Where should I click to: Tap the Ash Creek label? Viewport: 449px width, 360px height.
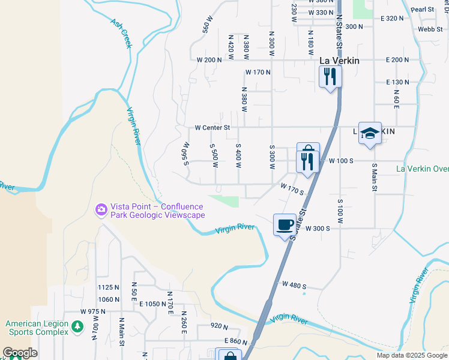point(121,32)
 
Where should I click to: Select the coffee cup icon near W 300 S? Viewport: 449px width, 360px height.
point(285,225)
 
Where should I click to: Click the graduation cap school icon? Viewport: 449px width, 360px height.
point(370,133)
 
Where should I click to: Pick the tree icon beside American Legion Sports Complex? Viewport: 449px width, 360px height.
point(77,327)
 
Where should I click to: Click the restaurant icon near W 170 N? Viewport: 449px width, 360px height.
point(330,76)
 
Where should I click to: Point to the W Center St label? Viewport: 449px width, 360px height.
point(212,127)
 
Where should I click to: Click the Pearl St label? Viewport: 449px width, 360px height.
point(423,10)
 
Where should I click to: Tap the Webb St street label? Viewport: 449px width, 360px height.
point(430,29)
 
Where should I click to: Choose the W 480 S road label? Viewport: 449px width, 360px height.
point(294,285)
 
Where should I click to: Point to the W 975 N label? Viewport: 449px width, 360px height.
point(92,311)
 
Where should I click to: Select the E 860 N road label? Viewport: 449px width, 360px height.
point(237,341)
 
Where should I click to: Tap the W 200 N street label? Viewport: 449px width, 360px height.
point(209,60)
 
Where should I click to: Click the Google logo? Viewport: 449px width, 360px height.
point(20,353)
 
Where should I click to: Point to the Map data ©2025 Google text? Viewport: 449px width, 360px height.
point(411,355)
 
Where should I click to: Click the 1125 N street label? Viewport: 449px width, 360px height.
point(109,288)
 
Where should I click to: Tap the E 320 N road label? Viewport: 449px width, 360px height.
point(392,19)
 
